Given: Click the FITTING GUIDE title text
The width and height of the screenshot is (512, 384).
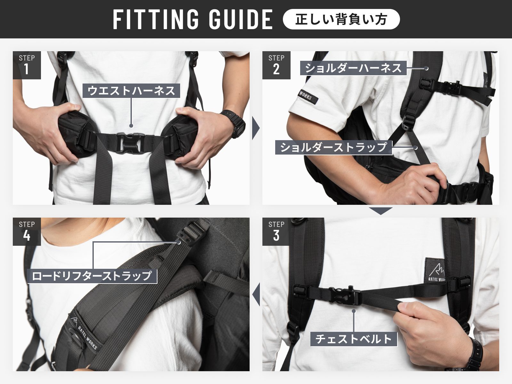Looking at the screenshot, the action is (193, 19).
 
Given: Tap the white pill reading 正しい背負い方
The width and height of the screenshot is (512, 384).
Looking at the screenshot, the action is (341, 19).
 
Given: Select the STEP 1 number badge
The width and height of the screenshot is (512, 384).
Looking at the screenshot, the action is (27, 65).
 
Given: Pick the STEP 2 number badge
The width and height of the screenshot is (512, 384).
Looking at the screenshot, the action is (276, 65).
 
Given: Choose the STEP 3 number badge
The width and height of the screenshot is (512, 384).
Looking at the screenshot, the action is (276, 231).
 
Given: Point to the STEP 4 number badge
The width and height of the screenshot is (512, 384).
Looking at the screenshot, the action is (27, 231).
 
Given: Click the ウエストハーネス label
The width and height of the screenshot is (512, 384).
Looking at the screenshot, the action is (131, 91).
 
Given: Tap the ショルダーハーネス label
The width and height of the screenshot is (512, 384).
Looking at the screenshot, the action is (353, 68).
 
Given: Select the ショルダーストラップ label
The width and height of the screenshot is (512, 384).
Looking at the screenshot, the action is (334, 147).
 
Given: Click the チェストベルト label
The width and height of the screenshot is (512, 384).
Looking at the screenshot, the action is (354, 339).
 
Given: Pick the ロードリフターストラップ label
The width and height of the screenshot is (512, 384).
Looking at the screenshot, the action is (92, 276).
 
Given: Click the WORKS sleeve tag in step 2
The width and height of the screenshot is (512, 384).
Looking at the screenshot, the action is (308, 96).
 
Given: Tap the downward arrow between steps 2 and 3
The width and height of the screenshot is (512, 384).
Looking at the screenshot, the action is (381, 211).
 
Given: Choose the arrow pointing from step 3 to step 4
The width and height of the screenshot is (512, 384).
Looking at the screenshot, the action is (256, 294).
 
